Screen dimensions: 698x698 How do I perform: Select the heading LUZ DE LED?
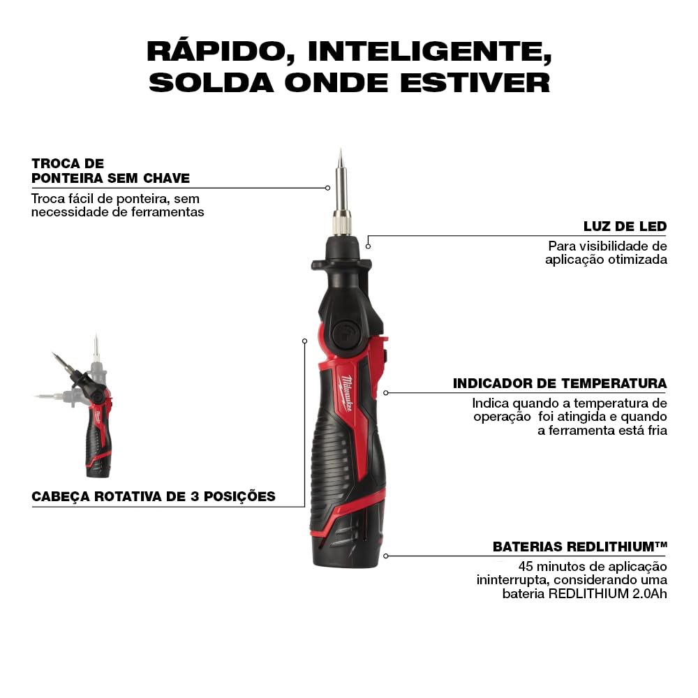pos(625,226)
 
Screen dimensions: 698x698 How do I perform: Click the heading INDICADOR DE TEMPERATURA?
pos(560,383)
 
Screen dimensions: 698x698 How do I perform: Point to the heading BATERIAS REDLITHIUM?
pos(580,547)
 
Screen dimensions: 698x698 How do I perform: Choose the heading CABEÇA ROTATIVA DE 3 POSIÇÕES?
pos(154,497)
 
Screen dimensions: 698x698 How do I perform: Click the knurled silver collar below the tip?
pos(341,223)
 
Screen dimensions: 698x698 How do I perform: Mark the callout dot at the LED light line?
pos(368,246)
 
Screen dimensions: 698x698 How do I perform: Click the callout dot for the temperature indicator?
pos(386,393)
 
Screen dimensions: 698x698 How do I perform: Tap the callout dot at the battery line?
pos(386,556)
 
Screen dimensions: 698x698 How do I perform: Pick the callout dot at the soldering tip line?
pos(327,188)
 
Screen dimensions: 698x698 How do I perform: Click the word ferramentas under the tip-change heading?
pos(169,211)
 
